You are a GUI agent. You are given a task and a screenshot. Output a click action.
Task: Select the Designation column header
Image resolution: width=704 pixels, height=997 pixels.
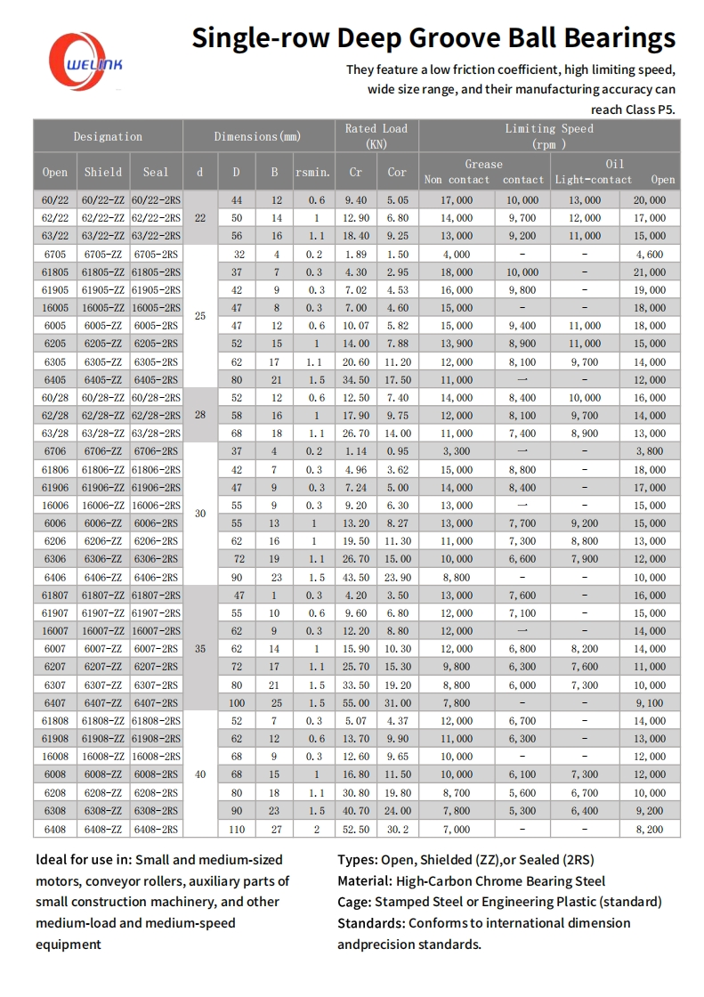[108, 136]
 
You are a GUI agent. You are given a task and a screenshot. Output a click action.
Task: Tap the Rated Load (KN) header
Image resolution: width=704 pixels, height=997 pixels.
[376, 135]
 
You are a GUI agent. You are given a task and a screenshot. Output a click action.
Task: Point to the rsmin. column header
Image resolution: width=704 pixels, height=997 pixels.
[312, 172]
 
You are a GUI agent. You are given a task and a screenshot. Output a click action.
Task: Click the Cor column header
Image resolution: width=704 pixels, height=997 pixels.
[397, 172]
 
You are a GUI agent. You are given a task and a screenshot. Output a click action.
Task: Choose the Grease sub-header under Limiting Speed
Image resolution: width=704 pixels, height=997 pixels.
[483, 164]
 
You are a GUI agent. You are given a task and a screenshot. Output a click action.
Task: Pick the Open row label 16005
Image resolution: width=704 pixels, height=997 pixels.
[55, 308]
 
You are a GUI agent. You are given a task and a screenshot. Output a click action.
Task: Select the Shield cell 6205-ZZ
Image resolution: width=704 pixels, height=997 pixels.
[102, 344]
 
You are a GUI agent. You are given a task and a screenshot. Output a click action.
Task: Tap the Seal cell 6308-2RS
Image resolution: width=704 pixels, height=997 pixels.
[156, 811]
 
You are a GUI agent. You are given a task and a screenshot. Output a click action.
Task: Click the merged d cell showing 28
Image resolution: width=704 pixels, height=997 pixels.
[199, 416]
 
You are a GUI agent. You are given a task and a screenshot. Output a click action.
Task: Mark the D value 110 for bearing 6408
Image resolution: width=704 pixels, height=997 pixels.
[237, 829]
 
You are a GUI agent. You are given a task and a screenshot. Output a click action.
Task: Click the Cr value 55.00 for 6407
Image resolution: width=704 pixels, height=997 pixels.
[355, 703]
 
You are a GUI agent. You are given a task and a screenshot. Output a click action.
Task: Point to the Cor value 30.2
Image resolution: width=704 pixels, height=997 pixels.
[397, 829]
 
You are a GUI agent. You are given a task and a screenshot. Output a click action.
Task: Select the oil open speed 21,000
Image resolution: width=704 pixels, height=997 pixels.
[650, 272]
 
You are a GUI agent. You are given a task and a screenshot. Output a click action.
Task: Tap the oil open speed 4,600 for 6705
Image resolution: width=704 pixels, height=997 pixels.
[650, 254]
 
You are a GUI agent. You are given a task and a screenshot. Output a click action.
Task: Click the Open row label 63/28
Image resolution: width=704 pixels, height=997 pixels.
[55, 434]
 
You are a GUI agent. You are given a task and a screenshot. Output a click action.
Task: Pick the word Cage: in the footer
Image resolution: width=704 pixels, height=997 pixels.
[355, 902]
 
